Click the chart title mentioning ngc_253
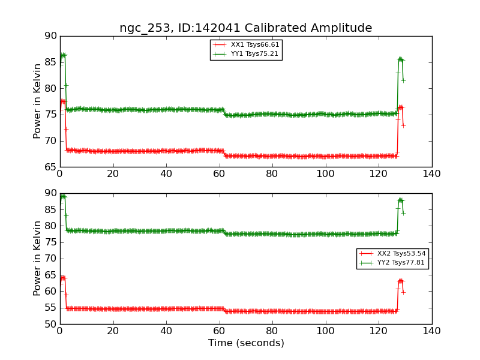tap(245, 28)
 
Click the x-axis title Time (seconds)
tap(246, 343)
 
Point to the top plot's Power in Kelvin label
tap(37, 101)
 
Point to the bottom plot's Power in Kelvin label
tap(37, 258)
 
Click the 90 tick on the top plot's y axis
tap(50, 36)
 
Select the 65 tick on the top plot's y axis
tap(50, 167)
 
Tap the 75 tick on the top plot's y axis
tap(50, 115)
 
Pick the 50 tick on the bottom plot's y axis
tap(50, 324)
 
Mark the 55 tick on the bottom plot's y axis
tap(50, 308)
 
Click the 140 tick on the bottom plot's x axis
tap(431, 331)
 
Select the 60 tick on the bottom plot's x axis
tap(219, 331)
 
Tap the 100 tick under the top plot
tap(325, 174)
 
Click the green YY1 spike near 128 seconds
tap(400, 59)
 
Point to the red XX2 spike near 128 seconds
tap(400, 280)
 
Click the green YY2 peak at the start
tap(62, 196)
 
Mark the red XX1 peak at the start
tap(62, 101)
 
